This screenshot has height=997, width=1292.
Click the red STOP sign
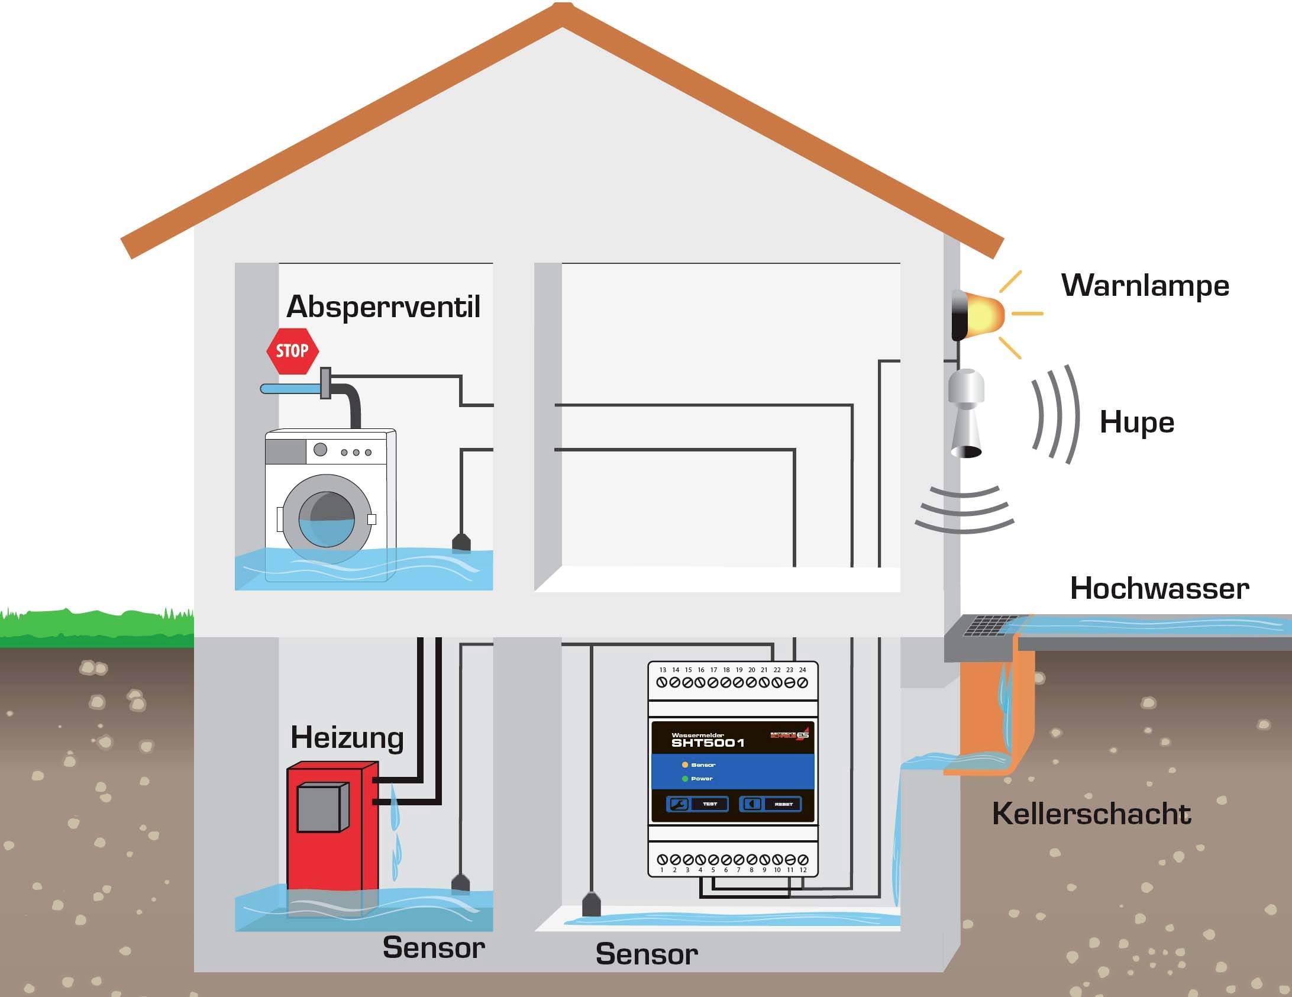pyautogui.click(x=292, y=351)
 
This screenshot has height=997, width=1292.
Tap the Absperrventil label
pyautogui.click(x=383, y=306)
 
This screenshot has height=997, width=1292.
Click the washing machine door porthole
pyautogui.click(x=327, y=519)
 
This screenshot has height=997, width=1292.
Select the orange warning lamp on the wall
pyautogui.click(x=982, y=314)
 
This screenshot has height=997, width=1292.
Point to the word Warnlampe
pyautogui.click(x=1145, y=285)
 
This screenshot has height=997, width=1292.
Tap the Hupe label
pyautogui.click(x=1136, y=422)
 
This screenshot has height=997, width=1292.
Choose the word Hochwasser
pyautogui.click(x=1159, y=589)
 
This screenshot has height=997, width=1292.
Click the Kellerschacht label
pyautogui.click(x=1091, y=814)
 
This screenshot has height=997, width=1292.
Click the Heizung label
pyautogui.click(x=347, y=737)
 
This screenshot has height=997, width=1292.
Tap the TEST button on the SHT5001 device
pyautogui.click(x=698, y=804)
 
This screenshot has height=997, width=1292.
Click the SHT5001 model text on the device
pyautogui.click(x=708, y=743)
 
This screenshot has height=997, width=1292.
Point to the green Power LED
pyautogui.click(x=685, y=779)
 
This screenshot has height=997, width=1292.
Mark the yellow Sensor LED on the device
pyautogui.click(x=685, y=765)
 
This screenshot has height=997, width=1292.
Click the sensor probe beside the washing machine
pyautogui.click(x=461, y=543)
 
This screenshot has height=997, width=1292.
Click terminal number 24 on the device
pyautogui.click(x=803, y=682)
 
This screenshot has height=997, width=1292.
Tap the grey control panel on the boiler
pyautogui.click(x=322, y=808)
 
